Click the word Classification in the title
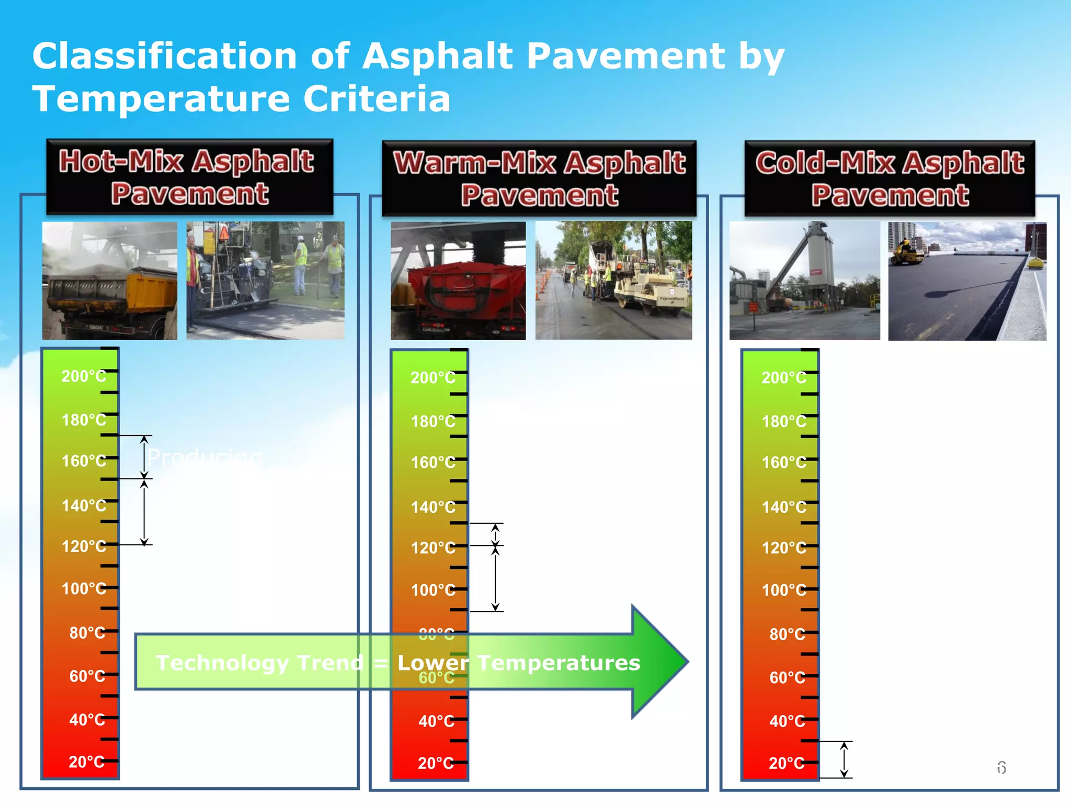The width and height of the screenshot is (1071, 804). pyautogui.click(x=165, y=57)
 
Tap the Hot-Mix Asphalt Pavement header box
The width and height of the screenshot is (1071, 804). pyautogui.click(x=189, y=177)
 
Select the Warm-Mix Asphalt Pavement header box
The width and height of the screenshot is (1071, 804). pyautogui.click(x=539, y=178)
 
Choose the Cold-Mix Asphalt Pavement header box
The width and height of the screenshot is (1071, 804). pyautogui.click(x=890, y=178)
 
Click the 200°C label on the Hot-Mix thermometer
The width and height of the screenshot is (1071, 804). pyautogui.click(x=84, y=376)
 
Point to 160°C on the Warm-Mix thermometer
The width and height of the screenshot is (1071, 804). pyautogui.click(x=433, y=463)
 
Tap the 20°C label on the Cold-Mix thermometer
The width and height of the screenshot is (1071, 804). pyautogui.click(x=786, y=763)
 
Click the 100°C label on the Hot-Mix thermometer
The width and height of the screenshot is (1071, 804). pyautogui.click(x=84, y=589)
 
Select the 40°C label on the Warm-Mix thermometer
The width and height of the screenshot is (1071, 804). pyautogui.click(x=436, y=721)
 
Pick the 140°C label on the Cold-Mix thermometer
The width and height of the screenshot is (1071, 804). pyautogui.click(x=784, y=507)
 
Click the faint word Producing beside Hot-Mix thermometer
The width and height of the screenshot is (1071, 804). pyautogui.click(x=204, y=457)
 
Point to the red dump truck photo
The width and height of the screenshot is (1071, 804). pyautogui.click(x=458, y=281)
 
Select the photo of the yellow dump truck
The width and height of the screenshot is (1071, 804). pyautogui.click(x=110, y=281)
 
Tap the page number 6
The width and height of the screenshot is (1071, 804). pyautogui.click(x=1001, y=768)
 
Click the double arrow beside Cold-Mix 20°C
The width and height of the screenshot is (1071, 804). pyautogui.click(x=844, y=760)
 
